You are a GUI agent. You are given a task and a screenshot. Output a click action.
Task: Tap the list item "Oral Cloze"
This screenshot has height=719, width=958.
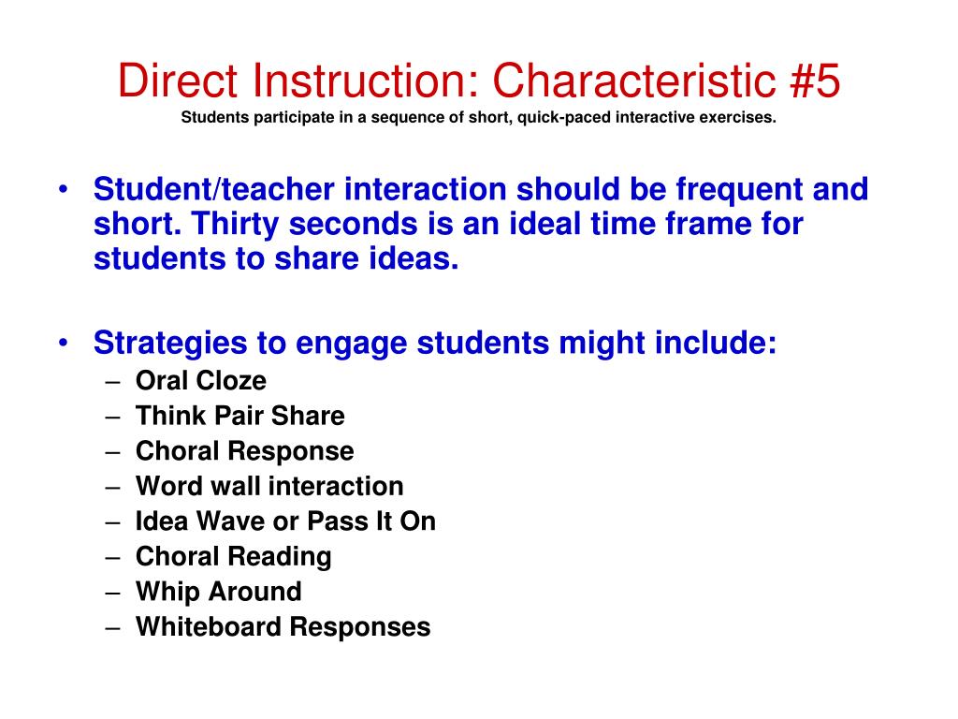click(201, 381)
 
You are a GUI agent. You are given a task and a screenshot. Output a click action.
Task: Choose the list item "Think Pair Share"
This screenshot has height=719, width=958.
click(240, 416)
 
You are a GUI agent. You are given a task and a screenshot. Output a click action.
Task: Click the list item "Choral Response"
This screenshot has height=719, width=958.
click(245, 451)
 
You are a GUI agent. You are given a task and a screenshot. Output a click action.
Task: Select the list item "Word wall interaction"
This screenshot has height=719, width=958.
click(269, 487)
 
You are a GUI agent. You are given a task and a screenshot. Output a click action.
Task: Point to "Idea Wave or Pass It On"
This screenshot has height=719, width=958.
click(285, 521)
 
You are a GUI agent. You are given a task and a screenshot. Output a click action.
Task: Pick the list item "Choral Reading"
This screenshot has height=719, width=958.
click(234, 557)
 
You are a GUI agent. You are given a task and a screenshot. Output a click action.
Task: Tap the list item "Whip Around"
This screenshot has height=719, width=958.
click(219, 592)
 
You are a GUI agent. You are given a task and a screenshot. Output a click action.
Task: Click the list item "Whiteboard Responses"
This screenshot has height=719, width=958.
click(283, 627)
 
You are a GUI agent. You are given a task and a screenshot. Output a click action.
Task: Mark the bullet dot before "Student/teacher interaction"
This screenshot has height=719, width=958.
click(62, 190)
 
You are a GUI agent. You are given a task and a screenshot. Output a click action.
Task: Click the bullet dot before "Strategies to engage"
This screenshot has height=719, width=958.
click(62, 344)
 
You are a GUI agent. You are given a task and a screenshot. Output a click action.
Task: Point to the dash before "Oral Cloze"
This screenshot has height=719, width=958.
click(113, 381)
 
